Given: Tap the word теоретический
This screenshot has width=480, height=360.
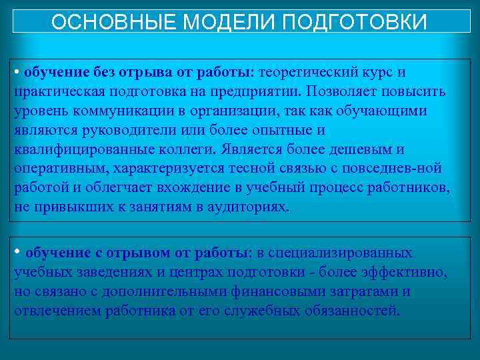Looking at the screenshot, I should click(x=314, y=71).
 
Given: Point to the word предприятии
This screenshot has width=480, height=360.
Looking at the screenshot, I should click(x=256, y=91).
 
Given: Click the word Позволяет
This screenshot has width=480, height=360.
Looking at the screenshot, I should click(x=346, y=91).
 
